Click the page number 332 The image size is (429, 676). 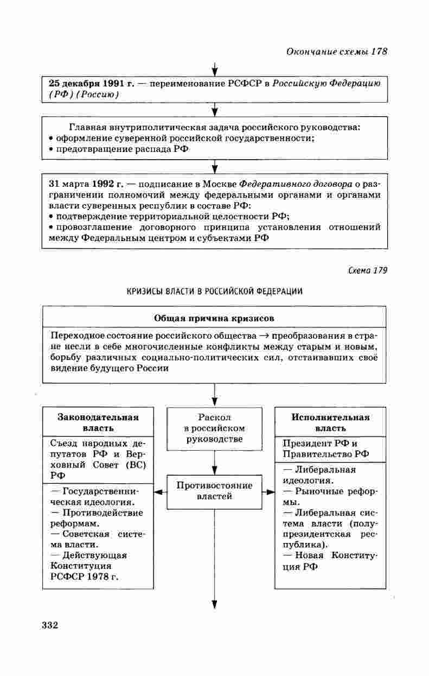tap(49, 624)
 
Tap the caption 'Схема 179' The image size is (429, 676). tap(368, 270)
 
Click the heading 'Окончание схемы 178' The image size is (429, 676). tap(336, 52)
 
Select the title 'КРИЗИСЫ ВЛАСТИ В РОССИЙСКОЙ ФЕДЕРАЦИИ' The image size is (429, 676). tap(215, 291)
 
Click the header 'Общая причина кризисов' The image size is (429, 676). tap(214, 317)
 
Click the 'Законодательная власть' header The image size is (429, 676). tap(98, 422)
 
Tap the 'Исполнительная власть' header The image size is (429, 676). tap(330, 422)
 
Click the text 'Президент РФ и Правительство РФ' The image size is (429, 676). tap(324, 448)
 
